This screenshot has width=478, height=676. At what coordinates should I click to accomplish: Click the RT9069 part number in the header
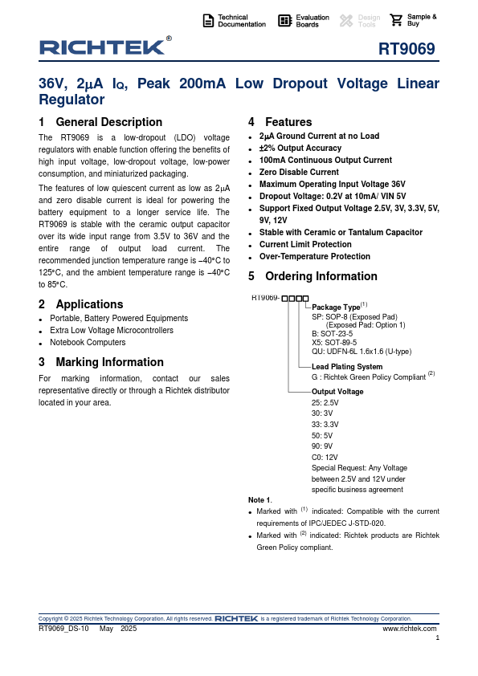pyautogui.click(x=407, y=49)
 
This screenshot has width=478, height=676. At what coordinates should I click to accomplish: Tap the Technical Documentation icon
pyautogui.click(x=208, y=21)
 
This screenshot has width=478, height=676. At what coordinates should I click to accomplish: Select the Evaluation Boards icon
pyautogui.click(x=284, y=21)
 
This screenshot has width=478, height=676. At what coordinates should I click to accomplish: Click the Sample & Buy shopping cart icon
pyautogui.click(x=396, y=20)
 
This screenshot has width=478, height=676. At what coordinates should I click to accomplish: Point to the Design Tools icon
pyautogui.click(x=346, y=21)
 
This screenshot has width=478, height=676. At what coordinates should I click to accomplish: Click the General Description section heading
pyautogui.click(x=100, y=122)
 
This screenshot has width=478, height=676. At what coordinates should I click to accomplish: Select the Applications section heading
pyautogui.click(x=81, y=304)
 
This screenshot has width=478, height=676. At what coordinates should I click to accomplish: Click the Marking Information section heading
pyautogui.click(x=101, y=362)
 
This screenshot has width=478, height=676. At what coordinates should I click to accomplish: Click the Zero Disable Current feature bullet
pyautogui.click(x=299, y=172)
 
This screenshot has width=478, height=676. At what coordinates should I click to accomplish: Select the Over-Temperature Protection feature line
pyautogui.click(x=314, y=257)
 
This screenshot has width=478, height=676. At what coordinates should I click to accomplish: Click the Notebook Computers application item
pyautogui.click(x=88, y=342)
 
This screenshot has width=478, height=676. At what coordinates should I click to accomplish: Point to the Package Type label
pyautogui.click(x=336, y=307)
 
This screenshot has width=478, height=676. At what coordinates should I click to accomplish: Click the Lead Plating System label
pyautogui.click(x=347, y=366)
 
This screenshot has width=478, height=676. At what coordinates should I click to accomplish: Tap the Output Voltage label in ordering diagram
pyautogui.click(x=337, y=392)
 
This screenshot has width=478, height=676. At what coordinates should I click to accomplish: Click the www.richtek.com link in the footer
pyautogui.click(x=410, y=629)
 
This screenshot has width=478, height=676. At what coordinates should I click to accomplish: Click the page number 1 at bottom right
pyautogui.click(x=437, y=638)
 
